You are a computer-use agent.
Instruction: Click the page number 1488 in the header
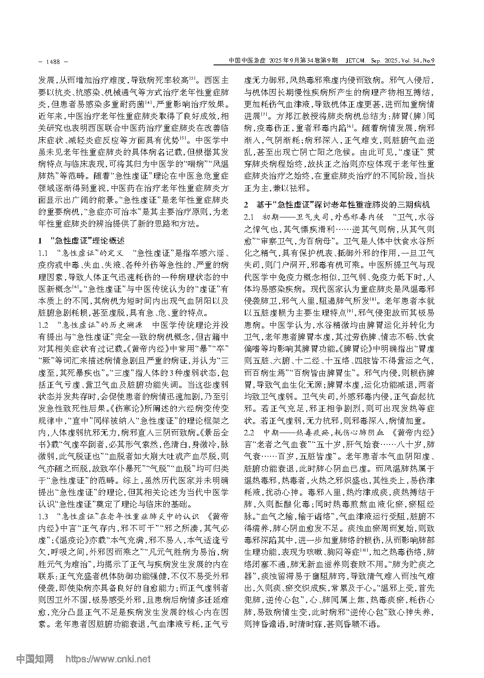52,61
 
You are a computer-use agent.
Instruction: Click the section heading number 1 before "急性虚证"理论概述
41,240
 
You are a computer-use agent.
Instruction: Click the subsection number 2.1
250,217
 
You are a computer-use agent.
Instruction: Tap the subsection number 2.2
250,432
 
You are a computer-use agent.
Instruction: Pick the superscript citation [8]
373,299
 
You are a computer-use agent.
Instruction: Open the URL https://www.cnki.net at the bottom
108,659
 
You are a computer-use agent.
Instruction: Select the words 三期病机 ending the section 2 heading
414,205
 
